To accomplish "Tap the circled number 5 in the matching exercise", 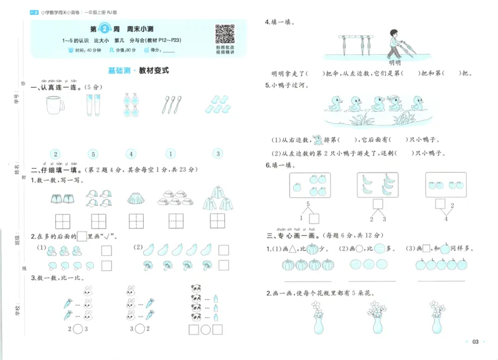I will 93,154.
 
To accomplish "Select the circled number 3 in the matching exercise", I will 217,154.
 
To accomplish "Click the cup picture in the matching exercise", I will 55,106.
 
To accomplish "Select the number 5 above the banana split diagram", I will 307,204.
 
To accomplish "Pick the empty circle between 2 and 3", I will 60,329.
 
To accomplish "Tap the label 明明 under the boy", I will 394,63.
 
